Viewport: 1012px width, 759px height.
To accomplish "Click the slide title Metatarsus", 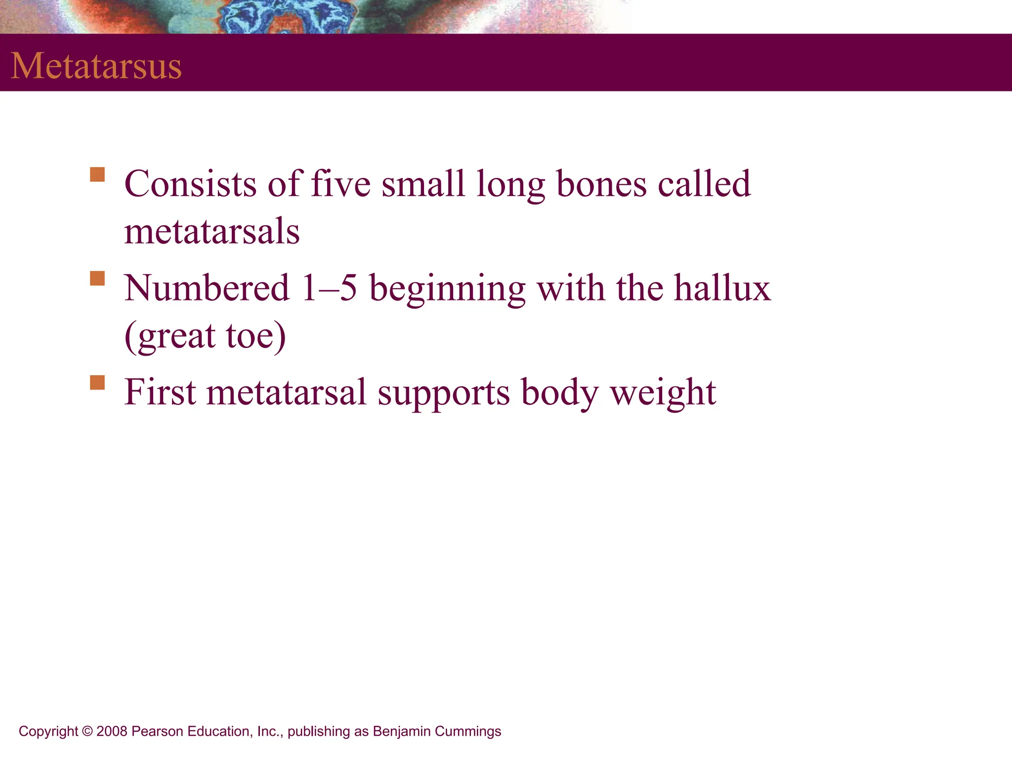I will (96, 66).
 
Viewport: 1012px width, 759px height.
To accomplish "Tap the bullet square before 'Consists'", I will (97, 175).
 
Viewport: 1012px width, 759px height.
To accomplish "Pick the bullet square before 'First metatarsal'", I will (97, 382).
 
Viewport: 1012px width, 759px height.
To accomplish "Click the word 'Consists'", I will (190, 184).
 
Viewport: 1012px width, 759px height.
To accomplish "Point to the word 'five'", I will (340, 184).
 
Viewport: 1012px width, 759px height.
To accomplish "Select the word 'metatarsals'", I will (211, 231).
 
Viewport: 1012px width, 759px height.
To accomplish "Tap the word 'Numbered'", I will (207, 288).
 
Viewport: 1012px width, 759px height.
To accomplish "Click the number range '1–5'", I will (330, 288).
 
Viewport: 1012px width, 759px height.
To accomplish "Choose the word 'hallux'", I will (722, 288).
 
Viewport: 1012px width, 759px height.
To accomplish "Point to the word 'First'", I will (160, 392).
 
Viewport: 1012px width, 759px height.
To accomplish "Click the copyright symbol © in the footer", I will (87, 731).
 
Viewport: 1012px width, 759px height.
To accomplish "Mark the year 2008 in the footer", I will (112, 731).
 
